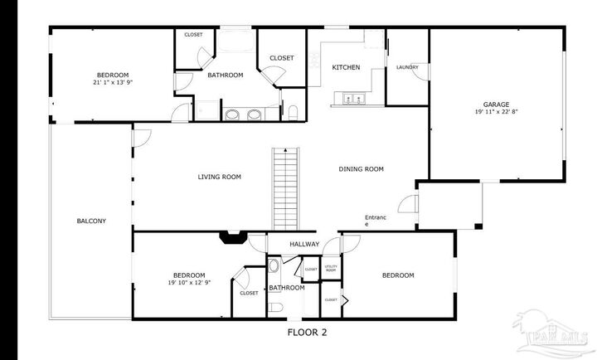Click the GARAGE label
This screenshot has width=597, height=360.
pos(497,105)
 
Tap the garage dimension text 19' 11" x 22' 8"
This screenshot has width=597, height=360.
pos(497,112)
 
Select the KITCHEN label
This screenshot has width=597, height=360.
pos(346,67)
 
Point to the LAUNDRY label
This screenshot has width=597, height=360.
pos(407,67)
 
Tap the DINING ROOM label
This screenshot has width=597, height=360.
pos(361,169)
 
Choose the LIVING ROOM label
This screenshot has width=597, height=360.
pos(219,177)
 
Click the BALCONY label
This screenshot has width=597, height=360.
pos(91,221)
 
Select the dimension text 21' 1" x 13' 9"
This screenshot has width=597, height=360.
pos(113,82)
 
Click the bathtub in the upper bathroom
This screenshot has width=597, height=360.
pos(236,43)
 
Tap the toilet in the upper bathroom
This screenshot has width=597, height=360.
pos(294,112)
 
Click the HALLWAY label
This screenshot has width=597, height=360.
pos(304,244)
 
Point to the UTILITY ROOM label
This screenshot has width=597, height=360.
pos(330,269)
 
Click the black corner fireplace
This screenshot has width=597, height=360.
pos(231,238)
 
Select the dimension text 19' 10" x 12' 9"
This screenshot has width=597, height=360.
pos(189,283)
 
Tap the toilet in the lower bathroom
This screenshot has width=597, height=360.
pos(274,308)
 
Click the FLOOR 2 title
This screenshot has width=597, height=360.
pos(307,333)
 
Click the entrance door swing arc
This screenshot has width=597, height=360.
pos(406,203)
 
